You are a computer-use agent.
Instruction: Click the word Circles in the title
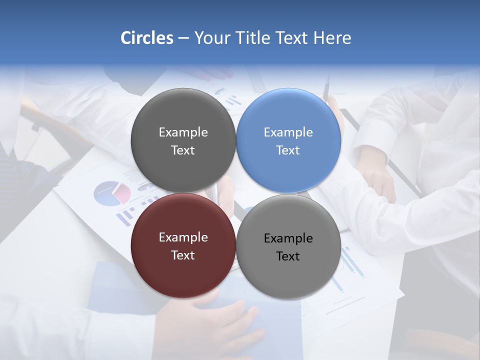[x=147, y=38]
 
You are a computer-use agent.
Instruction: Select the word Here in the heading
[x=332, y=38]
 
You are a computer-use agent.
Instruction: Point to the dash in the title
[x=183, y=38]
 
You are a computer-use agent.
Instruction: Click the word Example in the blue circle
[x=288, y=132]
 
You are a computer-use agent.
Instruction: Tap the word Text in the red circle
[x=183, y=255]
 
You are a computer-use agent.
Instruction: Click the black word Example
[x=288, y=238]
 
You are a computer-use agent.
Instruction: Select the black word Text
[x=288, y=256]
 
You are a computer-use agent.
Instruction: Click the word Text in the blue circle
[x=288, y=150]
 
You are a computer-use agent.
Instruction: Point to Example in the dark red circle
[x=183, y=237]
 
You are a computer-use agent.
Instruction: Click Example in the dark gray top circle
[x=183, y=132]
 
